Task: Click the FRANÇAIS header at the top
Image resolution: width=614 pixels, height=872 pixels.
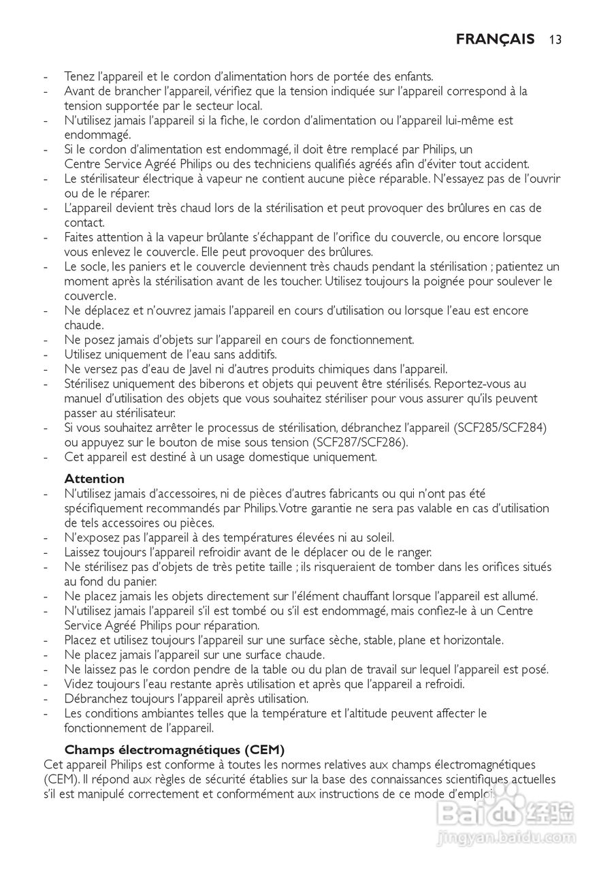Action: [x=495, y=39]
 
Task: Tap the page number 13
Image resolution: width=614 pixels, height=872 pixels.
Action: [x=555, y=40]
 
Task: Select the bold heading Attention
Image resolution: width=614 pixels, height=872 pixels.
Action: [x=94, y=478]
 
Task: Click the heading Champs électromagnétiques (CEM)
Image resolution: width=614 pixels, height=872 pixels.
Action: [x=174, y=749]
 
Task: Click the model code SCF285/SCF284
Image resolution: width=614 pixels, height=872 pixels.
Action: [x=501, y=428]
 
